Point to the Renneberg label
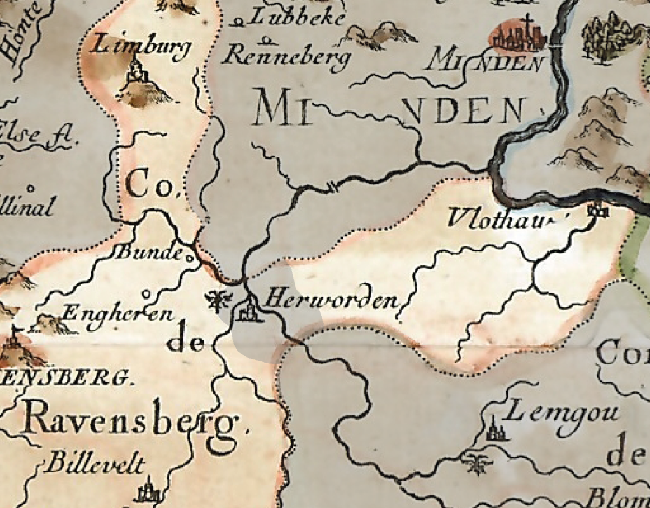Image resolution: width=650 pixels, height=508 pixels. (x=287, y=57)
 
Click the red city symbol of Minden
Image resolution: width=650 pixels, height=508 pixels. (x=518, y=36)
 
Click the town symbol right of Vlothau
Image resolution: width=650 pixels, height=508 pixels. (x=597, y=210)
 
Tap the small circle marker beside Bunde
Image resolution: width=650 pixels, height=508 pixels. (x=189, y=258)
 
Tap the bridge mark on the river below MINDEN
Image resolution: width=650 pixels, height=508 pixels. (x=332, y=186)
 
